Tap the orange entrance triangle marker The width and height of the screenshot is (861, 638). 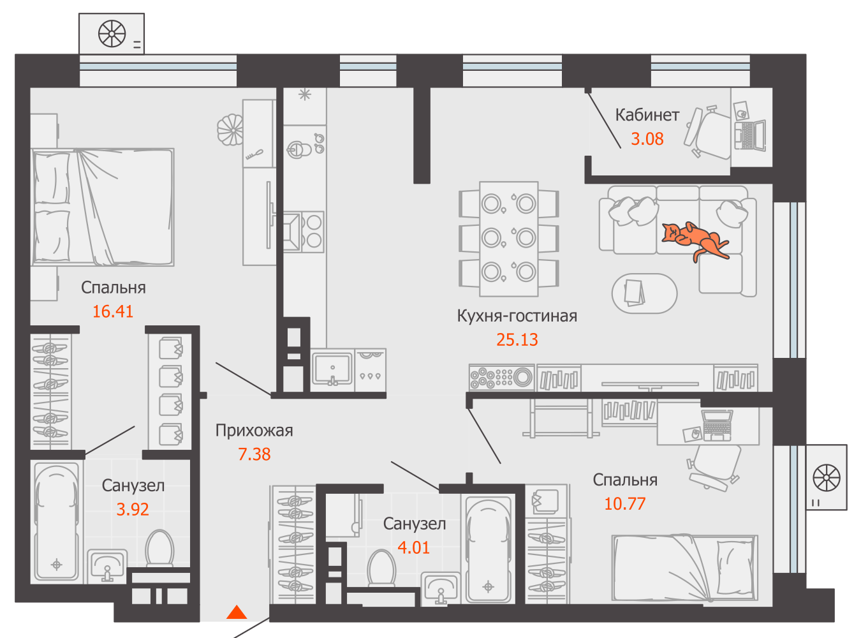coord(237,612)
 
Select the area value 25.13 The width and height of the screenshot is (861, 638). coord(517,340)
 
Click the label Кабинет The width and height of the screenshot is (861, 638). coord(647,115)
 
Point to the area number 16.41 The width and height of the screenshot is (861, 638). coord(113,311)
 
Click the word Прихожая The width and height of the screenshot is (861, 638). coord(254,431)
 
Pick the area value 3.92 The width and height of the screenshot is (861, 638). coord(133,510)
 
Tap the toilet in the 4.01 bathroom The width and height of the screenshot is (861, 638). coord(381,567)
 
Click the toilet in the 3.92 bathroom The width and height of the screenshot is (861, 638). coord(159,548)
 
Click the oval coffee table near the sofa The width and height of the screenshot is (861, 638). coord(644,293)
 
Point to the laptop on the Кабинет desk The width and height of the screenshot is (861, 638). coord(750,135)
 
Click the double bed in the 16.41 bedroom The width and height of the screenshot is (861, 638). coord(103,207)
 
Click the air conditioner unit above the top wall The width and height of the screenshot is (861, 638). coord(112,34)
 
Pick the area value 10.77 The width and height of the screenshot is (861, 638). coord(625,504)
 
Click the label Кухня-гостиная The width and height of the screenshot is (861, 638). coord(517,316)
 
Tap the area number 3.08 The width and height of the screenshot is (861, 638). coord(647,139)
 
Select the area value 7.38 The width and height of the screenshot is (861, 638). coord(254,454)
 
